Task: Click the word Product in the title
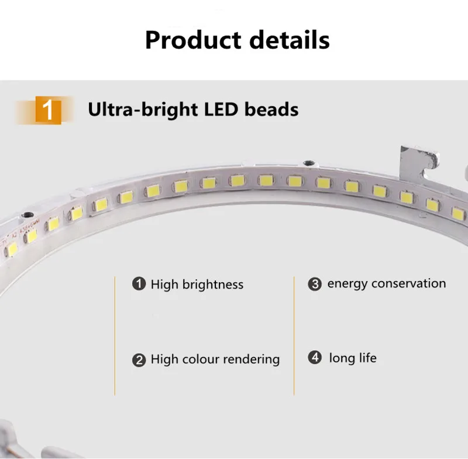tap(192, 40)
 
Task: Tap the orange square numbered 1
tap(49, 111)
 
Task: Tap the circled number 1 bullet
tap(139, 285)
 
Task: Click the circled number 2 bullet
tap(139, 359)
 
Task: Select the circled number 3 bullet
tap(315, 285)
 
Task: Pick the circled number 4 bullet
tap(315, 358)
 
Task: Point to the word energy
tap(347, 285)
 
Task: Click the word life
tap(367, 358)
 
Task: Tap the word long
tap(342, 358)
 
